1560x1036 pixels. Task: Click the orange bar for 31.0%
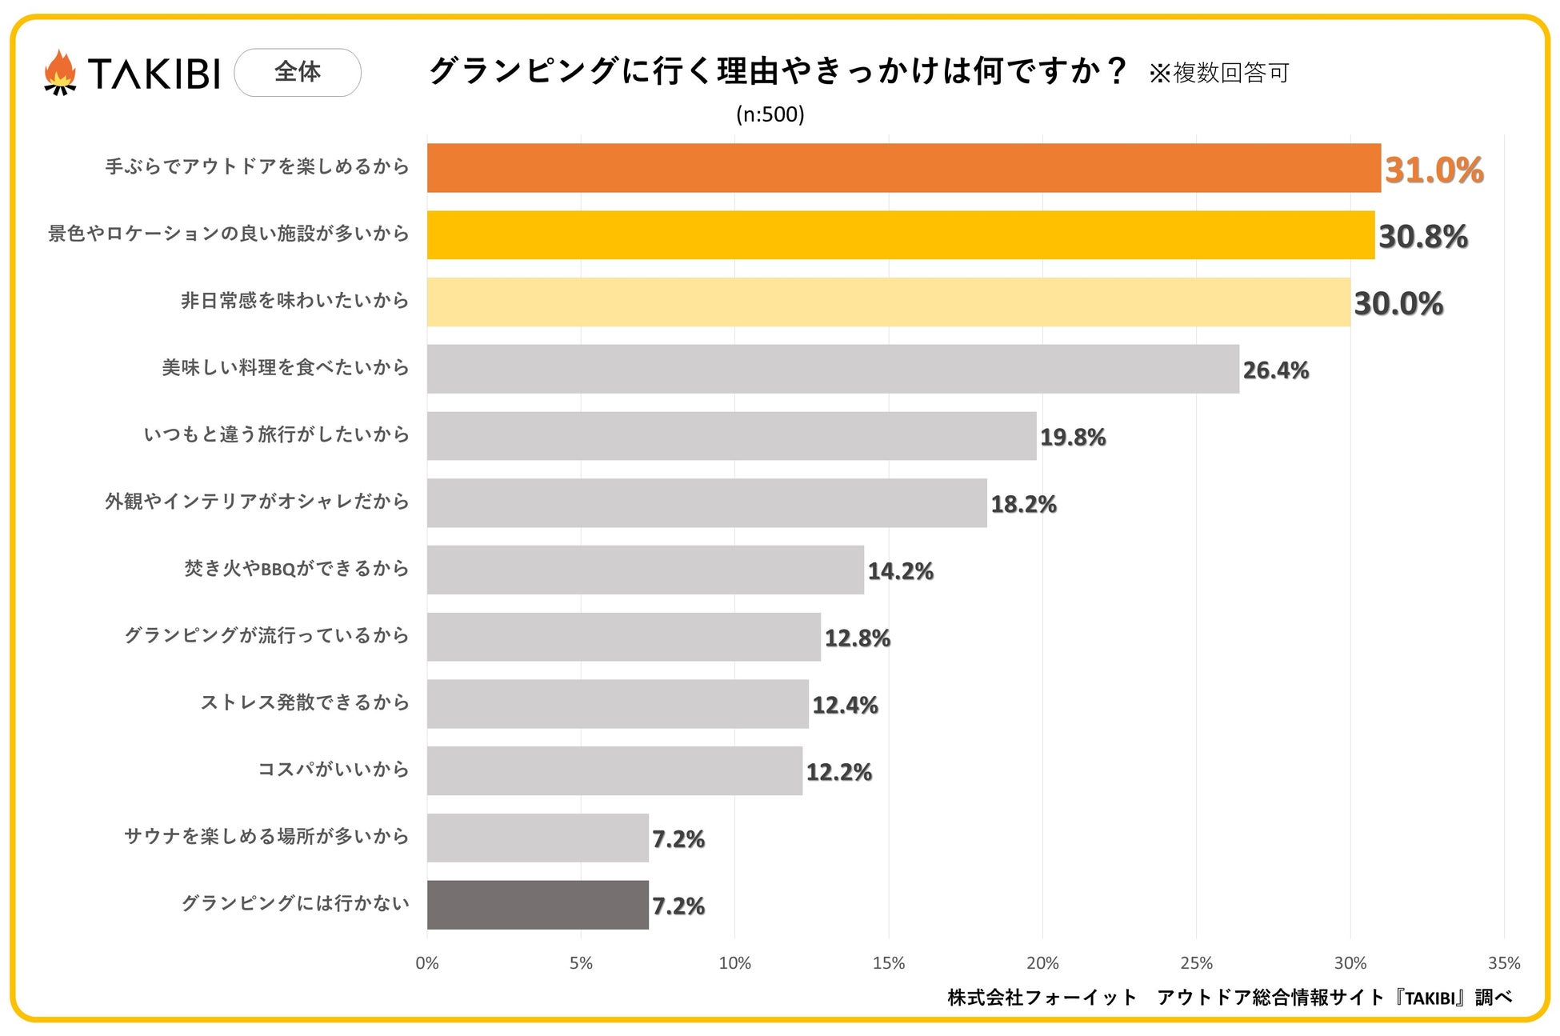[x=903, y=168]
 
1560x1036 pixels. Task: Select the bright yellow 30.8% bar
[x=900, y=235]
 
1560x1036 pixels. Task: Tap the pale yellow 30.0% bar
[x=888, y=302]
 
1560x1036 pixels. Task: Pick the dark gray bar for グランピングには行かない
[x=538, y=905]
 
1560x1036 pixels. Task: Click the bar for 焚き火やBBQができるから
[x=645, y=570]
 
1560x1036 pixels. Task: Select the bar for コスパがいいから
[x=614, y=771]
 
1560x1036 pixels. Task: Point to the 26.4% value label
[x=1275, y=370]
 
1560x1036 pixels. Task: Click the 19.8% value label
[x=1072, y=438]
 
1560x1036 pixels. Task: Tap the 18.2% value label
[x=1023, y=505]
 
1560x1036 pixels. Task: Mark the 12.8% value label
[x=857, y=638]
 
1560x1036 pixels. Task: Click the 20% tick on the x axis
[x=1042, y=963]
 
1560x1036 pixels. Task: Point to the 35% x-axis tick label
[x=1503, y=963]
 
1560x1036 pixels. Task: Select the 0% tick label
[x=427, y=963]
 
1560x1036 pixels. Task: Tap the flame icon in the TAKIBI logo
[x=60, y=73]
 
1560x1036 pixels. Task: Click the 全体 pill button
[x=298, y=73]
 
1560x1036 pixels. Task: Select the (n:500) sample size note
[x=770, y=114]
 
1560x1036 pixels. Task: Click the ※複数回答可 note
[x=1218, y=74]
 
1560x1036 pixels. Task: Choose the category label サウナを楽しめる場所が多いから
[x=266, y=837]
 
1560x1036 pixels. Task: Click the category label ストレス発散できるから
[x=305, y=702]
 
